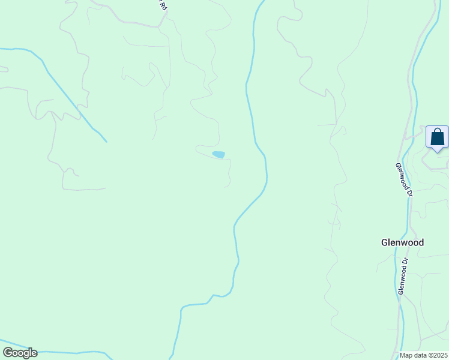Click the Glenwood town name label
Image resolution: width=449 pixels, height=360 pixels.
coord(402,242)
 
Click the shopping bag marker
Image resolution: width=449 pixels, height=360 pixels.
coord(437,137)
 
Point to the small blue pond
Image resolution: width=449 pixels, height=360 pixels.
coord(218,155)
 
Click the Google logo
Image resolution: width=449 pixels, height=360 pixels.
coord(20,353)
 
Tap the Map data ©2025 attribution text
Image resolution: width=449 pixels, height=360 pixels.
coord(424,355)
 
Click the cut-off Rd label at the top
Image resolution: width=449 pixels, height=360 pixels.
coord(161,5)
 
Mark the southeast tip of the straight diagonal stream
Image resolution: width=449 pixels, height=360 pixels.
coord(106,141)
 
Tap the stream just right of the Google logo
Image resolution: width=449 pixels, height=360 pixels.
coord(66,353)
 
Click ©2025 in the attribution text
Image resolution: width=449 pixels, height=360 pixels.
coord(438,355)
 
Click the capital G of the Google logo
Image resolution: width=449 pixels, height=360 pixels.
coord(8,353)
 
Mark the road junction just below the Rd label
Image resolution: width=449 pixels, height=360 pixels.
coord(158,26)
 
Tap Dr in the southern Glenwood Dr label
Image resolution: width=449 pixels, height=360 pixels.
coord(405,263)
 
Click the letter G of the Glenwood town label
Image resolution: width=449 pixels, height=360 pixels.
coord(385,242)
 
